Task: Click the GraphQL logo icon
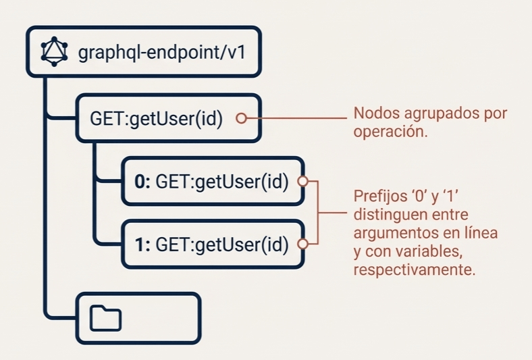click(x=54, y=51)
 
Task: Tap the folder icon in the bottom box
click(x=105, y=318)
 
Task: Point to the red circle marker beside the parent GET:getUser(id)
click(x=241, y=118)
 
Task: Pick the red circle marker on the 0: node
click(x=303, y=181)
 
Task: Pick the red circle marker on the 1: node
click(x=303, y=244)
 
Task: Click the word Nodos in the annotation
click(x=374, y=113)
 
